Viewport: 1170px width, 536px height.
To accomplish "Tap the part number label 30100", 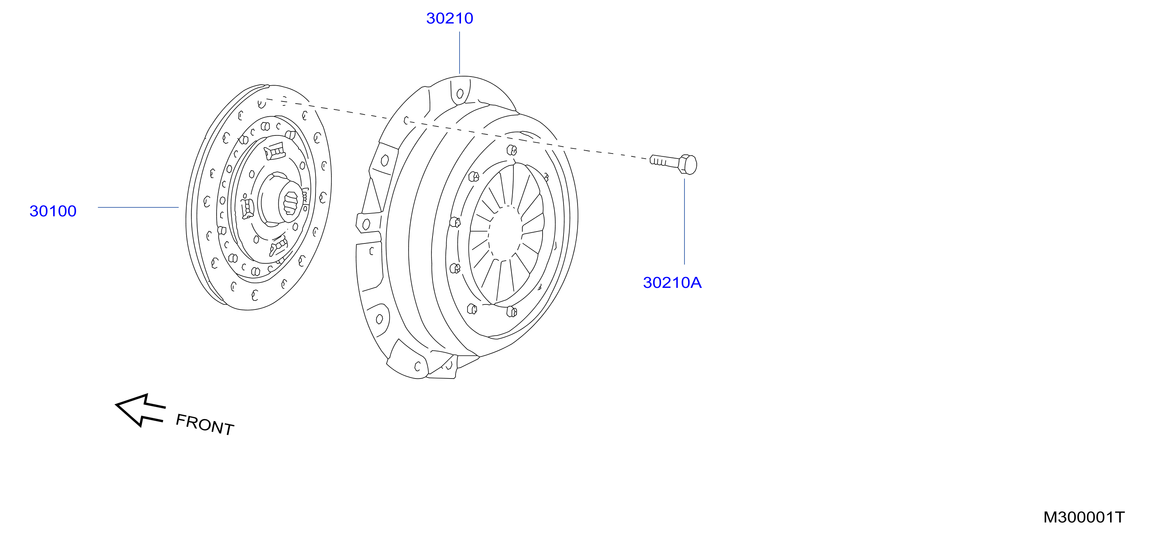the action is tap(53, 211).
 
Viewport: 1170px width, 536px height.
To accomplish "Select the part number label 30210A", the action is tap(672, 282).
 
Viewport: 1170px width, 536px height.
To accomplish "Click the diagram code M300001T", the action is tap(1084, 517).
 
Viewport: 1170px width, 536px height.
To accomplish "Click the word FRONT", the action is tap(205, 425).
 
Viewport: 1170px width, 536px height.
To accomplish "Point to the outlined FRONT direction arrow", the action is tap(140, 410).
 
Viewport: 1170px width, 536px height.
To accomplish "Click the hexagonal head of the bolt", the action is tap(688, 164).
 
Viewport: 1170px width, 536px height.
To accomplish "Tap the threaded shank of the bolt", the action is tap(665, 160).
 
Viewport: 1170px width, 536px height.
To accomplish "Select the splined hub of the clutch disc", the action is tap(289, 203).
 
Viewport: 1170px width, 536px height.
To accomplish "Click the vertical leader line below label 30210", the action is tap(460, 53).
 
